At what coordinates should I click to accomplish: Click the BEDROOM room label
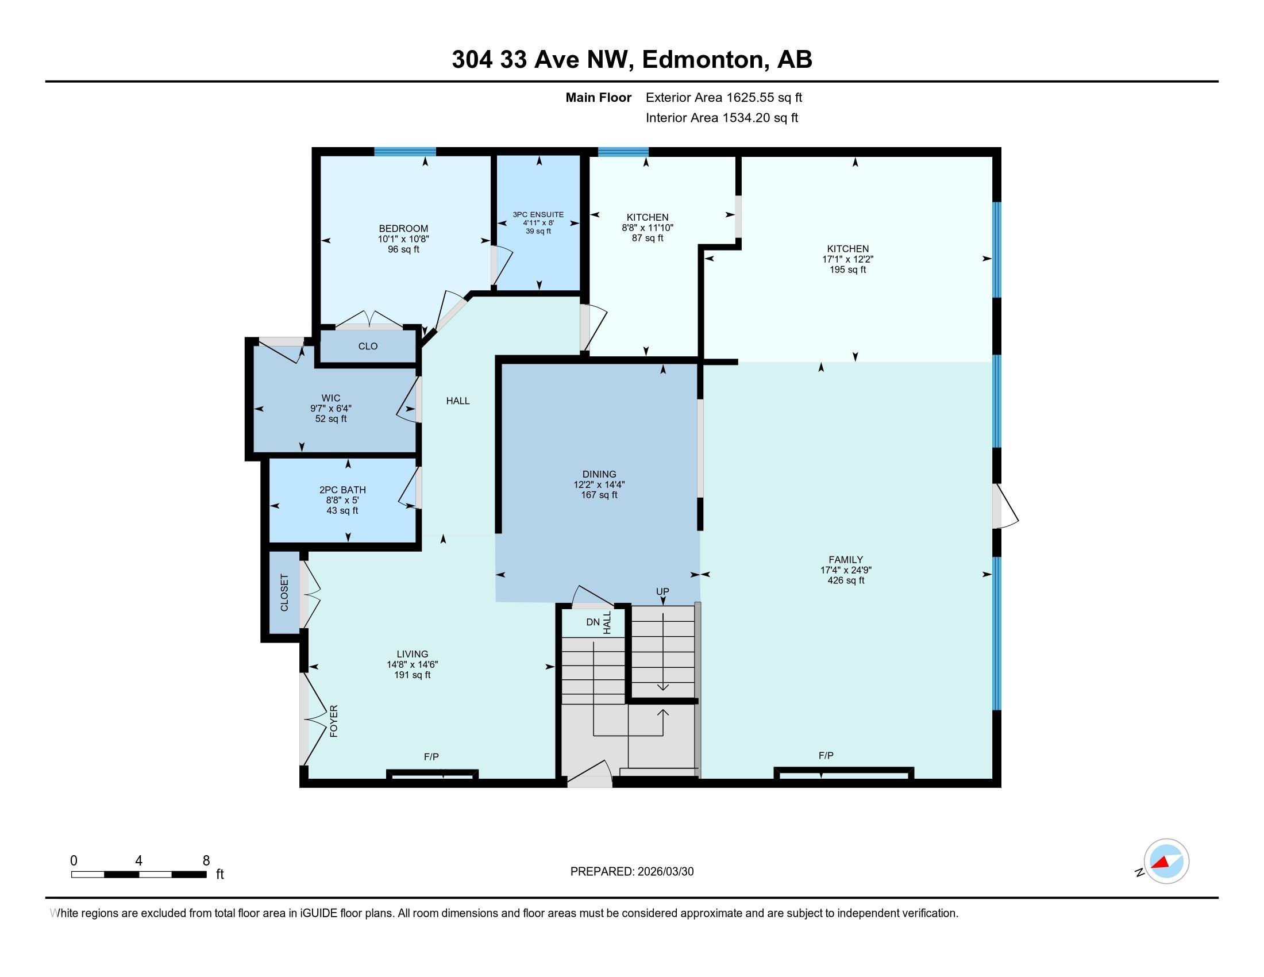[x=403, y=229]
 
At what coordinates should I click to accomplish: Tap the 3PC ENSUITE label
[x=538, y=215]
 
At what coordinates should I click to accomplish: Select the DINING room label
[x=599, y=474]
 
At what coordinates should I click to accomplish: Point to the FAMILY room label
[x=846, y=560]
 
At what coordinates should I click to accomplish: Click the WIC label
[x=331, y=398]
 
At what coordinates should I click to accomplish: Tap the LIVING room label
[x=412, y=654]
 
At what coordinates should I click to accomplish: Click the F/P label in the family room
[x=826, y=756]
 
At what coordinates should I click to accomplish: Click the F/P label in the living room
[x=431, y=757]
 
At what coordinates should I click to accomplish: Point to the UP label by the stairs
[x=662, y=591]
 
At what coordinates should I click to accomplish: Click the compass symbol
[x=1166, y=861]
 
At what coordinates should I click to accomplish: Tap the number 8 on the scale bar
[x=206, y=861]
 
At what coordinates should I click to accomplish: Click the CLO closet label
[x=368, y=347]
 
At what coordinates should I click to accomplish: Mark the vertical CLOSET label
[x=284, y=593]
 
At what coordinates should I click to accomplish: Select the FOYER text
[x=334, y=721]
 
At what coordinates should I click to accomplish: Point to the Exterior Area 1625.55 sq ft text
[x=723, y=98]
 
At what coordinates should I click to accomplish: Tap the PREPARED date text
[x=631, y=872]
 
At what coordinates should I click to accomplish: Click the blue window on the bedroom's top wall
[x=404, y=152]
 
